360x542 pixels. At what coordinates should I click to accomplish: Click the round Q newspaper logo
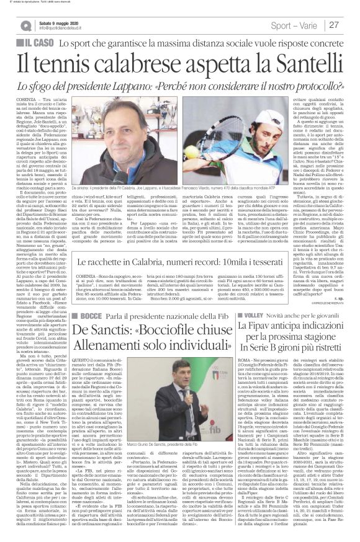[25, 25]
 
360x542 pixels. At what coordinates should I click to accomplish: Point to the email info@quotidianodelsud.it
[66, 28]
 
